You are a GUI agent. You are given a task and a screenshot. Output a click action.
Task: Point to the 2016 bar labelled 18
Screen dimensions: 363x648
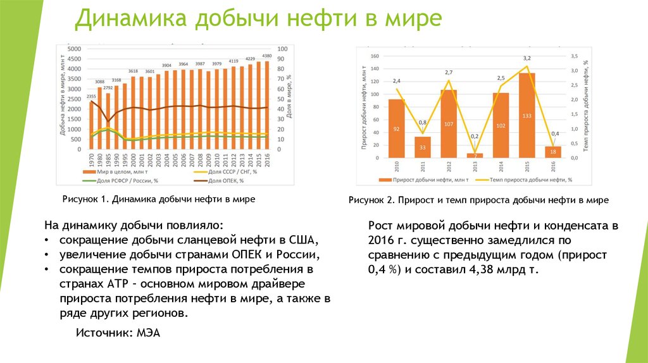[552, 151]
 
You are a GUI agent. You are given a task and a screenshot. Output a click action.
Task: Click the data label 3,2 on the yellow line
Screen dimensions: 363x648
[526, 59]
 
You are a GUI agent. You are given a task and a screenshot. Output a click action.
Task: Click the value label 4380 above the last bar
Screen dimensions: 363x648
[267, 56]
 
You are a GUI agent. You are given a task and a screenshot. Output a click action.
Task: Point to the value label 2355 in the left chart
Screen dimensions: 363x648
[91, 96]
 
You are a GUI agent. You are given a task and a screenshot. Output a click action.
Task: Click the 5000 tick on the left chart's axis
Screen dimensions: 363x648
[73, 49]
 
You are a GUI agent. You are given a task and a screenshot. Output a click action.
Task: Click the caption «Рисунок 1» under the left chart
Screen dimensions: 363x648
[85, 199]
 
